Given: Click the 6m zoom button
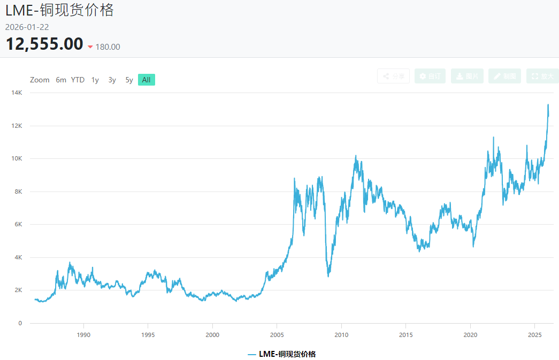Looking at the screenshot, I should pos(61,80).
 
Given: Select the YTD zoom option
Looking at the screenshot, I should pos(78,80).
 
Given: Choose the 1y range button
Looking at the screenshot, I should pos(95,80).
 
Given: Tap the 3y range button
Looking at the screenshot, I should pos(112,80).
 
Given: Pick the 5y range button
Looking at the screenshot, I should pos(129,80).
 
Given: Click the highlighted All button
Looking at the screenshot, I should pos(146,80).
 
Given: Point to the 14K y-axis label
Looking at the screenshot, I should pos(17,93).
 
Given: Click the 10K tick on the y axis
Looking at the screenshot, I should pos(17,159).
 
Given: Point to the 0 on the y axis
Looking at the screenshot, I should pos(20,323).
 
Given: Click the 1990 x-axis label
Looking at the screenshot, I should pos(83,335).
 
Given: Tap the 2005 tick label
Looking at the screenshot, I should pos(277,335).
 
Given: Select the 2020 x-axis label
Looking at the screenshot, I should pos(470,335).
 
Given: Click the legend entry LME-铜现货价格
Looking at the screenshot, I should pos(282,354).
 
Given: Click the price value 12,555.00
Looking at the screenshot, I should pos(44,44).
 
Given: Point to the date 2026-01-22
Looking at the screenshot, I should pos(27,27).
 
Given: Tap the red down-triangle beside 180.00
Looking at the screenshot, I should pos(90,47).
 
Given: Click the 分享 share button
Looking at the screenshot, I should pos(393,76).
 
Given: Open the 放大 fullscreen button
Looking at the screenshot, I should pos(542,76).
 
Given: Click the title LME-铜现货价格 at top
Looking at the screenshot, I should pos(59,10).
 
